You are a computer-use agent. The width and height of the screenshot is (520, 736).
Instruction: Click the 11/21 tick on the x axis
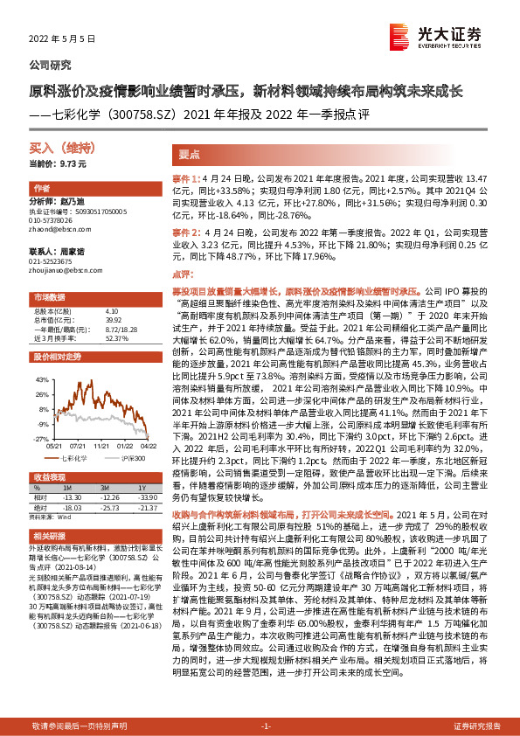101,444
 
